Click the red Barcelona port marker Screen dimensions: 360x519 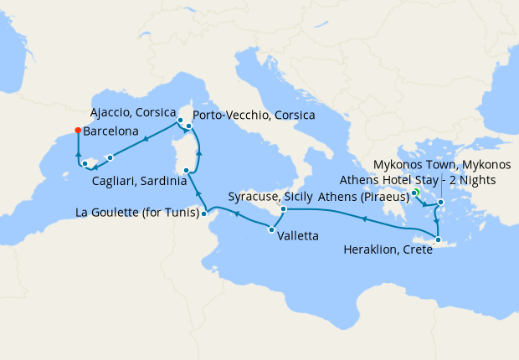(77, 130)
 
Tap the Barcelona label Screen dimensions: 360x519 (110, 131)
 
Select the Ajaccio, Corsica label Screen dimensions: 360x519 (132, 111)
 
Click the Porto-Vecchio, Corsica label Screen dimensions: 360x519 (254, 114)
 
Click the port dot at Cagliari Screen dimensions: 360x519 (186, 170)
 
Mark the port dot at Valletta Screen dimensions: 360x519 (271, 229)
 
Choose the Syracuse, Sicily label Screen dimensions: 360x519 (270, 198)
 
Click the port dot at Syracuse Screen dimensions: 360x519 (284, 208)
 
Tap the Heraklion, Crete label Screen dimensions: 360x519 (388, 249)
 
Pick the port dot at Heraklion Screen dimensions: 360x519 (437, 241)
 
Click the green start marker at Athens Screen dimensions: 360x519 (414, 193)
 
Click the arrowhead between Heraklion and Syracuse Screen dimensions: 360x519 (364, 219)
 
